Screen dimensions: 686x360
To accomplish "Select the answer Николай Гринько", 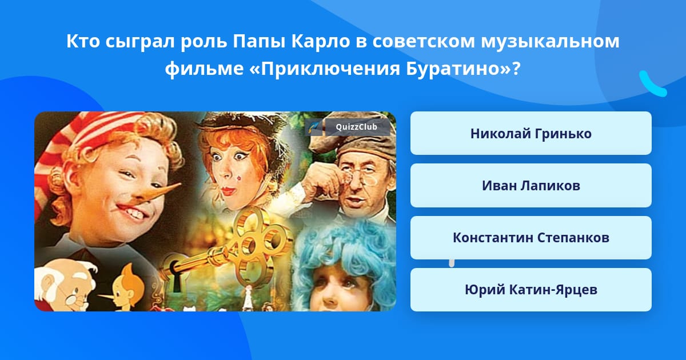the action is (x=531, y=133).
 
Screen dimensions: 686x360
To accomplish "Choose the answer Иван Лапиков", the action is (x=531, y=186).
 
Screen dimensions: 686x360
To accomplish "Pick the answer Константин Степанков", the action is (x=531, y=238).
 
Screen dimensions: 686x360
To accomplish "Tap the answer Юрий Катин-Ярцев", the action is (x=531, y=290).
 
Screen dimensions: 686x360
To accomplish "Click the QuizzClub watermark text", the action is (x=356, y=127).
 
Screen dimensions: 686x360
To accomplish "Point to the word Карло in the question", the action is (x=320, y=42).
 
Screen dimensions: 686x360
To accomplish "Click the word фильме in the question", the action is (x=204, y=69).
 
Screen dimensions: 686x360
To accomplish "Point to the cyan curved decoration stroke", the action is (x=652, y=84).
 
